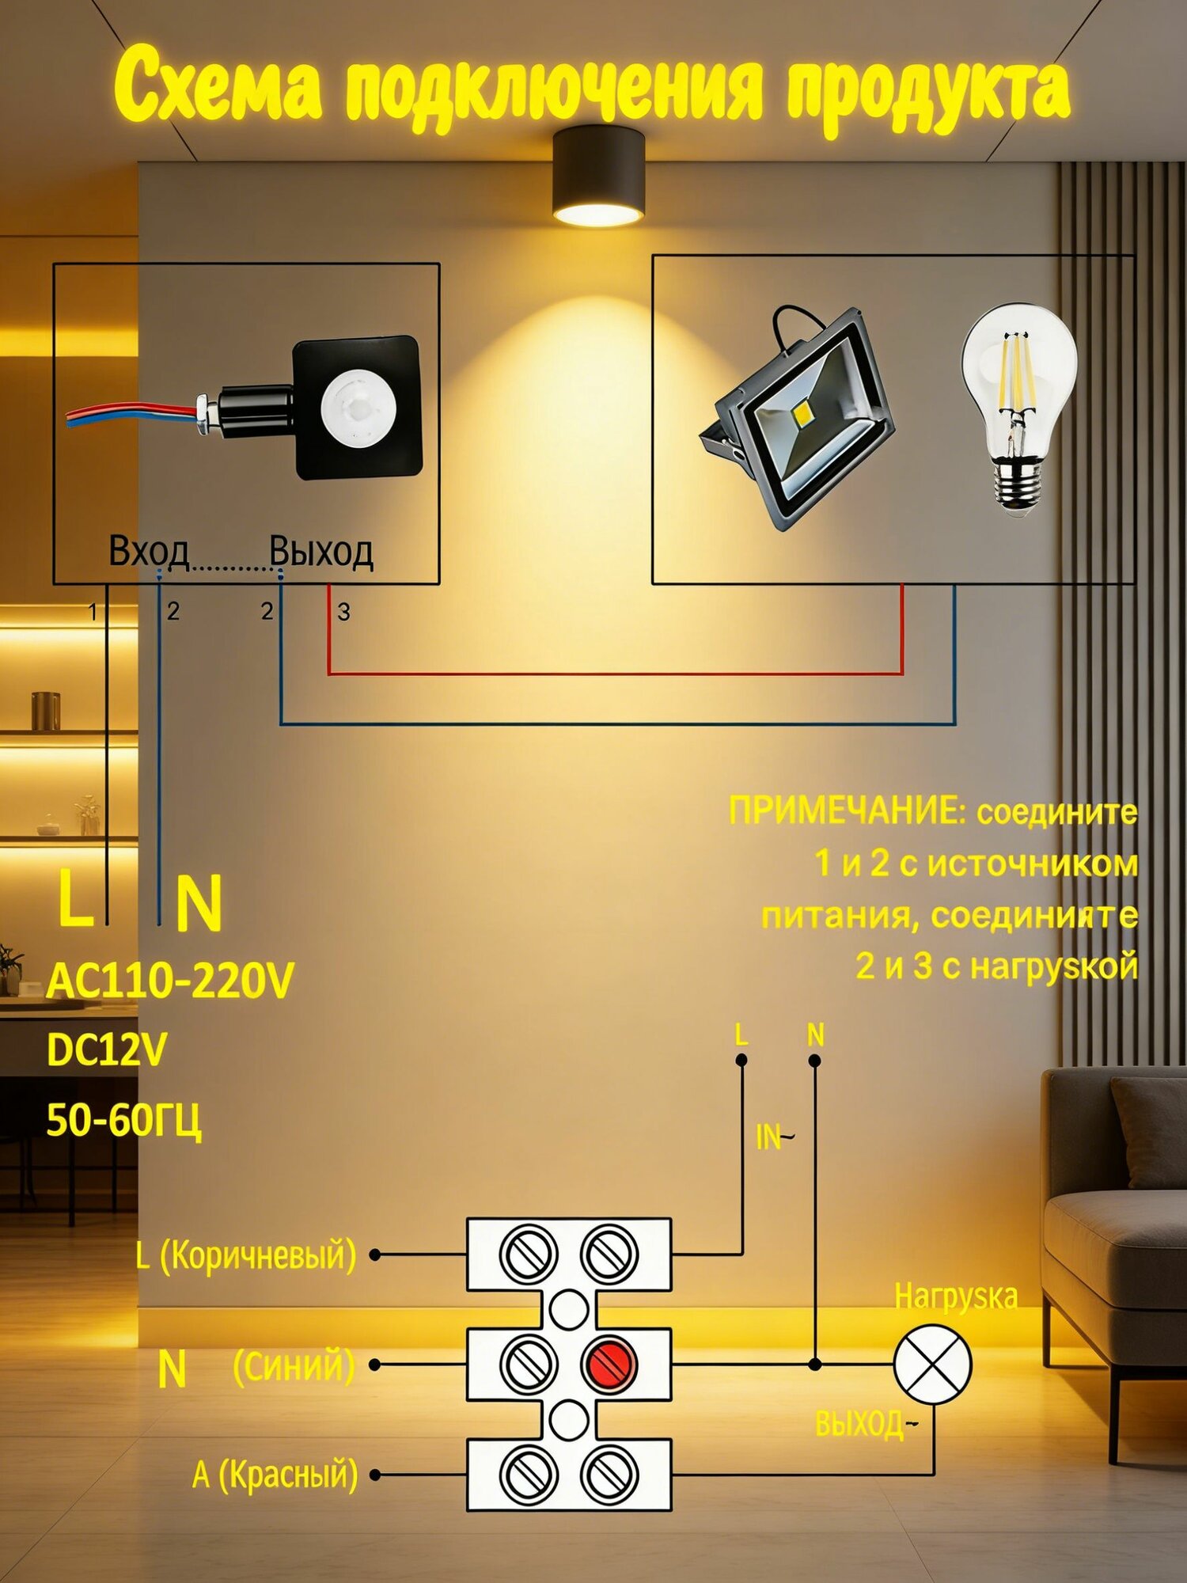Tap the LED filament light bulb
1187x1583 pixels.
(x=1019, y=409)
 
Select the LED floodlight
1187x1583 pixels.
(x=798, y=418)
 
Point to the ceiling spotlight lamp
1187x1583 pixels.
(x=598, y=177)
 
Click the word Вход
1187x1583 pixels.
(x=149, y=551)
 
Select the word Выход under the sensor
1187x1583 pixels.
(x=321, y=551)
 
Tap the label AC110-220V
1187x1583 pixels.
(x=170, y=981)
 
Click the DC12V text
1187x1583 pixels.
(x=107, y=1050)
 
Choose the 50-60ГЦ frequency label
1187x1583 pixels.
(x=124, y=1120)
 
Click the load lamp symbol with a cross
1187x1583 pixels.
(x=933, y=1364)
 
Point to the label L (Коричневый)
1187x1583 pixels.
(x=246, y=1255)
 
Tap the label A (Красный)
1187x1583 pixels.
(x=275, y=1475)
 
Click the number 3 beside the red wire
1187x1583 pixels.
(x=343, y=612)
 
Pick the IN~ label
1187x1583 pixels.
(x=775, y=1137)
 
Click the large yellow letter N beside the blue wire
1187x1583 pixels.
(x=199, y=902)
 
